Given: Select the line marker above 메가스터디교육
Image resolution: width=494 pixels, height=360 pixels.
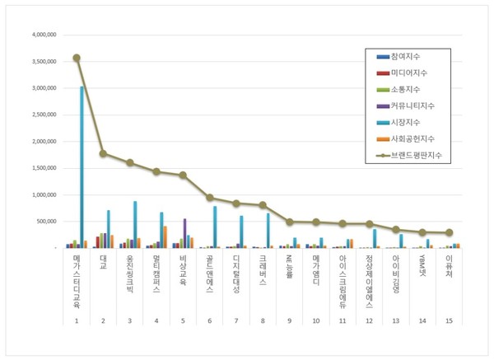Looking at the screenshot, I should [77, 58].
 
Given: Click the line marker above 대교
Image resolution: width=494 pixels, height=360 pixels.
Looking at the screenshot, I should [103, 153].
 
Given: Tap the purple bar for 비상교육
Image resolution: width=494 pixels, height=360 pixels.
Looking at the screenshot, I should [184, 233].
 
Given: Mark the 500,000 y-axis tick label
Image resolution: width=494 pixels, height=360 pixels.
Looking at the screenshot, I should [41, 222].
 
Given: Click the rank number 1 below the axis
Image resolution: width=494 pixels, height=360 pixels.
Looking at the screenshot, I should [77, 320].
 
